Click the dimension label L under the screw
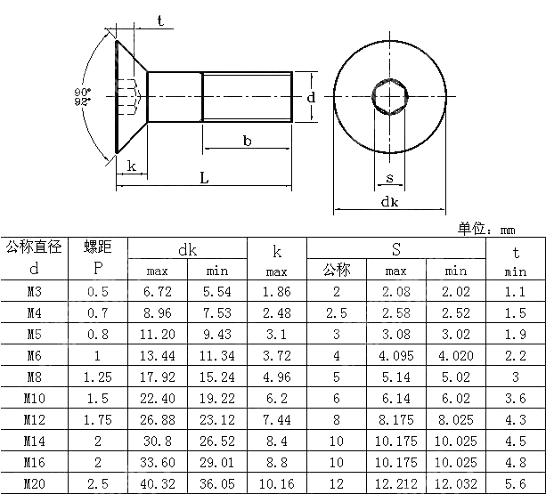pyautogui.click(x=204, y=178)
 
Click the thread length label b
pyautogui.click(x=247, y=141)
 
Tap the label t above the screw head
pyautogui.click(x=160, y=20)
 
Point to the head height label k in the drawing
pyautogui.click(x=131, y=166)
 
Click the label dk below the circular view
pyautogui.click(x=389, y=202)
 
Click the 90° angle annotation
pyautogui.click(x=82, y=91)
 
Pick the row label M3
pyautogui.click(x=34, y=291)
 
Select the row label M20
pyautogui.click(x=34, y=483)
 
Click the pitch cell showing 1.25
pyautogui.click(x=97, y=377)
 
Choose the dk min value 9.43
pyautogui.click(x=217, y=334)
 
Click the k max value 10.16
pyautogui.click(x=276, y=483)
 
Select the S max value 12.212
pyautogui.click(x=395, y=483)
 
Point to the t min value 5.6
pyautogui.click(x=516, y=483)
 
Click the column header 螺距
pyautogui.click(x=97, y=247)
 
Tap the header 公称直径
pyautogui.click(x=34, y=247)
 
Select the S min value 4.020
pyautogui.click(x=455, y=355)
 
